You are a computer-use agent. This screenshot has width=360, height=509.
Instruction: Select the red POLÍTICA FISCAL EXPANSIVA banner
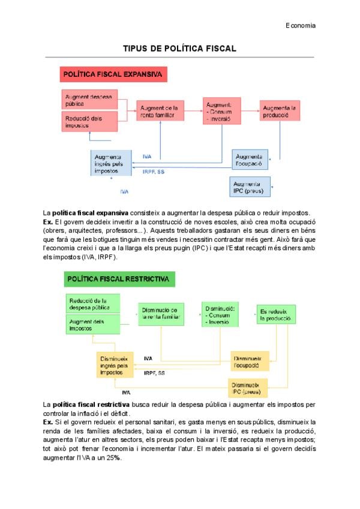coord(113,75)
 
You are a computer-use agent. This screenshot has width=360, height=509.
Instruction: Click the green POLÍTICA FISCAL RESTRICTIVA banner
coord(119,279)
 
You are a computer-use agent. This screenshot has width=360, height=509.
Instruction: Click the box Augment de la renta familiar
coord(159,110)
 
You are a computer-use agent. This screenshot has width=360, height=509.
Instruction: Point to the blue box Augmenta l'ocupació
coord(250,160)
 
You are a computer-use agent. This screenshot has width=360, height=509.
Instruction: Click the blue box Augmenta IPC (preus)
coord(250,187)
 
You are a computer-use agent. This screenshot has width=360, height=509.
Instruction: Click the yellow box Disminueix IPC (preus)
coord(248,388)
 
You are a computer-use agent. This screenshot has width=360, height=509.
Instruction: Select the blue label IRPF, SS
coord(154,172)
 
